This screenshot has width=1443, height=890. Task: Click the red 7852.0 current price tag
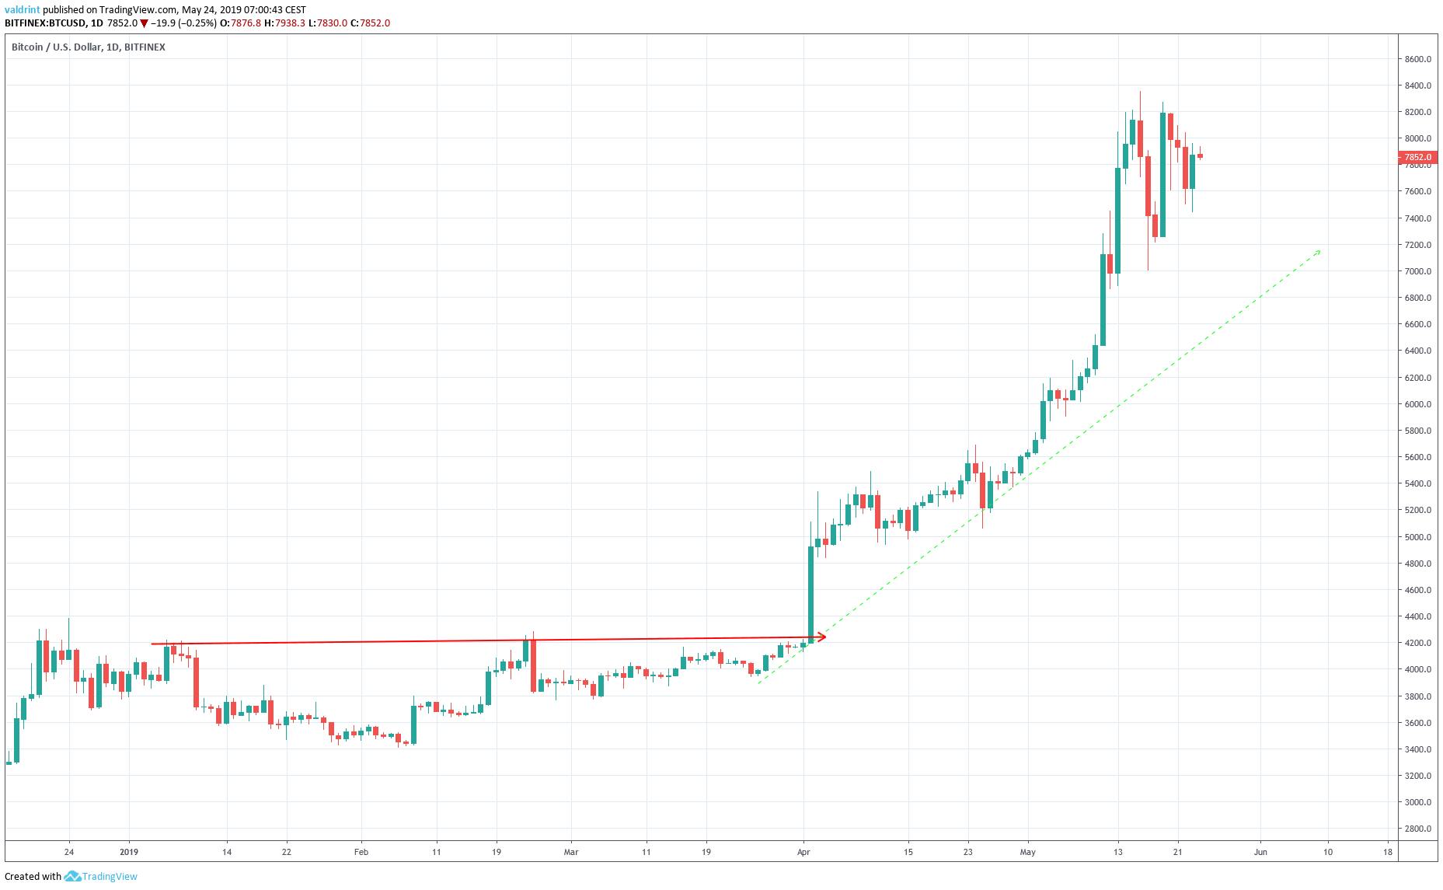coord(1417,157)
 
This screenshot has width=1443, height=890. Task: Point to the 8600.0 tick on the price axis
coord(1417,59)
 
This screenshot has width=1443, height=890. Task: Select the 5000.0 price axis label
coord(1417,537)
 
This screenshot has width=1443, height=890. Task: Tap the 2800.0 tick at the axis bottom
coord(1417,829)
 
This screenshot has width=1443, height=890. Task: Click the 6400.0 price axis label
coord(1417,351)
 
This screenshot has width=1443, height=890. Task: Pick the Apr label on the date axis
coord(803,852)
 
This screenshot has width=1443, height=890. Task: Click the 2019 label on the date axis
coord(129,852)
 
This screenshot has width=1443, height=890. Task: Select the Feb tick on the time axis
coord(361,852)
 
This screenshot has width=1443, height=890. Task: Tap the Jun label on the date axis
coord(1260,852)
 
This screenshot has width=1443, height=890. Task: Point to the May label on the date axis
coord(1028,852)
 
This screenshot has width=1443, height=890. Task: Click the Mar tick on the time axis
coord(571,852)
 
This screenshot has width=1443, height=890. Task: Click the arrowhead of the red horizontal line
coord(823,637)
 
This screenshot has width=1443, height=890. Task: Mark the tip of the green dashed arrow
coord(1319,251)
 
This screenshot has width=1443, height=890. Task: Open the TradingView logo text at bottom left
coord(109,877)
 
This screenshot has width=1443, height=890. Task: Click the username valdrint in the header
coord(23,10)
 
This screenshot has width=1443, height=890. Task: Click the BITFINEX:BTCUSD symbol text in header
coord(45,23)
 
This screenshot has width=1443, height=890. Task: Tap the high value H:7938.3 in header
coord(285,23)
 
